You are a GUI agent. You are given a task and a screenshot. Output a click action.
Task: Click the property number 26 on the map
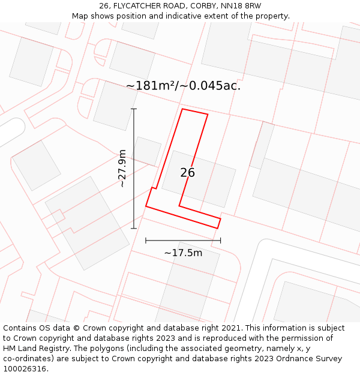(x=187, y=173)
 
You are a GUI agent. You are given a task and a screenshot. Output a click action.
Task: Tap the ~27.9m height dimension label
(x=122, y=169)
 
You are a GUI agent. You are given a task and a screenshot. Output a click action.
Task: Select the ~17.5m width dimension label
(x=183, y=253)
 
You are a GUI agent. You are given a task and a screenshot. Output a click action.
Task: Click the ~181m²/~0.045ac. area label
(x=183, y=86)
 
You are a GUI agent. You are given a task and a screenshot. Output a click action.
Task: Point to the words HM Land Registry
(x=36, y=349)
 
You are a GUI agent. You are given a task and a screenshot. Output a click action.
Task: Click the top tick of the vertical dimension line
(x=134, y=109)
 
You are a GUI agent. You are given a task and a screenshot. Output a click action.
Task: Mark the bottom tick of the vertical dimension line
(x=134, y=228)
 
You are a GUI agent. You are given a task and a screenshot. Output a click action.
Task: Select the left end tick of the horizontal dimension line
(x=146, y=241)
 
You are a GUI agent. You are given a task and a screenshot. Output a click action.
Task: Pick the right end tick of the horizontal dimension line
(x=220, y=241)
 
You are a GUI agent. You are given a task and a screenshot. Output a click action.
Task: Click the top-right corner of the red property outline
(x=208, y=114)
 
